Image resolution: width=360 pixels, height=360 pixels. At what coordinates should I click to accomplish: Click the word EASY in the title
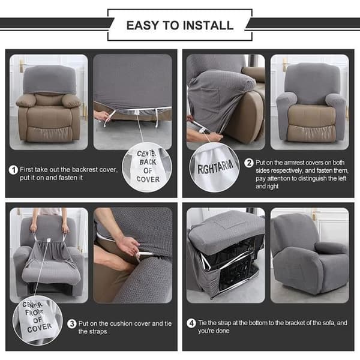click(x=142, y=25)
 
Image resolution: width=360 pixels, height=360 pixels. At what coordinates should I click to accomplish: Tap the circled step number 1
click(x=13, y=170)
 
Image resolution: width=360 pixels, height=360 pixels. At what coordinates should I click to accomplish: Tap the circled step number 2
click(x=248, y=163)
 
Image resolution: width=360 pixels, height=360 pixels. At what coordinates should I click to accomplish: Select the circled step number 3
click(x=71, y=324)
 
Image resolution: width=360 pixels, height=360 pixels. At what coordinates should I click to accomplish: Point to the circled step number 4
click(x=191, y=323)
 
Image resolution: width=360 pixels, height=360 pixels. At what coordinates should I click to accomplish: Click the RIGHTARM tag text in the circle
click(x=215, y=167)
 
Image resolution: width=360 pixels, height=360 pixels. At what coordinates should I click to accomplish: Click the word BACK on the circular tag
click(x=148, y=162)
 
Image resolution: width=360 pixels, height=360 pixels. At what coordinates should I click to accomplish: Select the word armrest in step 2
click(x=295, y=163)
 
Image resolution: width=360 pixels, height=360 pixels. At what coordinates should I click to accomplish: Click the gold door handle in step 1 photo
click(x=22, y=65)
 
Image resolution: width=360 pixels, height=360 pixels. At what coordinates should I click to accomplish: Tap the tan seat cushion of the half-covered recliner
click(x=311, y=116)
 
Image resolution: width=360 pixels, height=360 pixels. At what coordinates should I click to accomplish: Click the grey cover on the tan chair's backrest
click(x=49, y=79)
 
